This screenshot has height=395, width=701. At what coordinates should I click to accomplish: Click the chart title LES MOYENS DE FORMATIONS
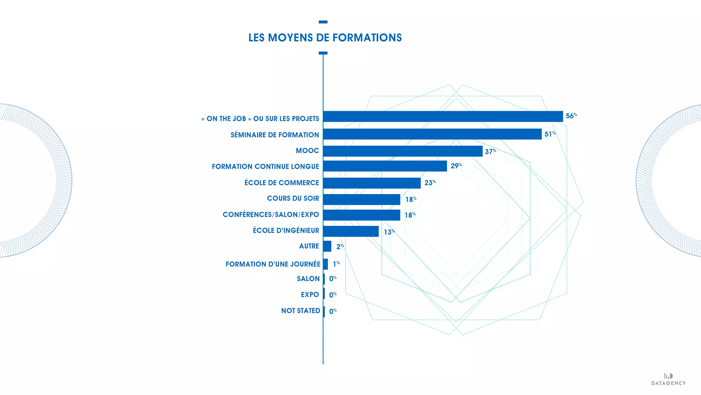tap(325, 38)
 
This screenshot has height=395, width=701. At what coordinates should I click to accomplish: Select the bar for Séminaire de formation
tap(432, 134)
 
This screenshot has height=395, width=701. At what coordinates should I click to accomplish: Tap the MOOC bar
tap(403, 151)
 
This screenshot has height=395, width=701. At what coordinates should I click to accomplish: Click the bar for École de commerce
tap(372, 183)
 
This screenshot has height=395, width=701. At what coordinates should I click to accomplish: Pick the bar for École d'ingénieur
tap(351, 231)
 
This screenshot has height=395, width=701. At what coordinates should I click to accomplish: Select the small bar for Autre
tap(327, 246)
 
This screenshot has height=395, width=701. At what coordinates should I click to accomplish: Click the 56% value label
tap(571, 116)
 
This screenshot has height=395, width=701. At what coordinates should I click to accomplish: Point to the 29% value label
tap(456, 166)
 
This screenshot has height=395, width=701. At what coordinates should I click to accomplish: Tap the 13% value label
tap(389, 232)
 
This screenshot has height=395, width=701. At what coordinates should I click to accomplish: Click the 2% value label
tap(340, 247)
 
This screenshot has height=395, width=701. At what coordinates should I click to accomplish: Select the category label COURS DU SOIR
tap(293, 199)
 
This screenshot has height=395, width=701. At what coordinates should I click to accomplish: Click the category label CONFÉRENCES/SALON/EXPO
tap(271, 215)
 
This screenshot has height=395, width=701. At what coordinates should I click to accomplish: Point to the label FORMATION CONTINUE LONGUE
tap(265, 167)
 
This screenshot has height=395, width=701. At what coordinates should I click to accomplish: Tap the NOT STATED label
tap(301, 311)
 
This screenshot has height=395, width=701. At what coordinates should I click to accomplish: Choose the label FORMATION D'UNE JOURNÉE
tap(273, 264)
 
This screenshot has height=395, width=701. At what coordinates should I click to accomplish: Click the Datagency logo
tap(668, 379)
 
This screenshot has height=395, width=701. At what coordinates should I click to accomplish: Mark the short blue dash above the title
tap(323, 22)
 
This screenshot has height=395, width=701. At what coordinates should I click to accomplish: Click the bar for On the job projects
tap(443, 117)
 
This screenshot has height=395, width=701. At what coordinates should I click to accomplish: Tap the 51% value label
tap(550, 134)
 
